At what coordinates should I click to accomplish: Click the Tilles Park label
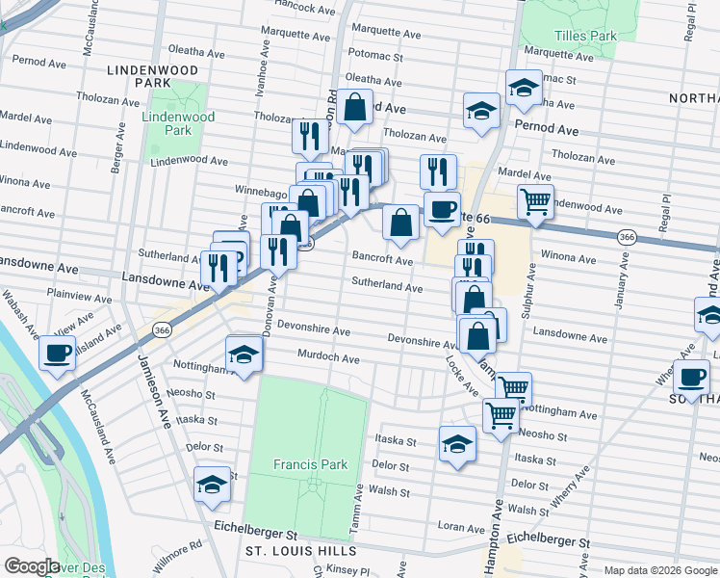589,37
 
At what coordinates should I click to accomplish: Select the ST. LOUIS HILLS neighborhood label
301,551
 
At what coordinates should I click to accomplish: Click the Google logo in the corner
32,566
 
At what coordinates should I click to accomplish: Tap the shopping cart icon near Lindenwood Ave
535,202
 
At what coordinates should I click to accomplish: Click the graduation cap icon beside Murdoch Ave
244,355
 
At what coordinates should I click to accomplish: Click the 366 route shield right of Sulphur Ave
627,237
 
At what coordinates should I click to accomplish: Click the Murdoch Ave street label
328,358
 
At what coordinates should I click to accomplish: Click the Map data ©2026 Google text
659,570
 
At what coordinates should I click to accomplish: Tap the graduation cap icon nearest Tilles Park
524,89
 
